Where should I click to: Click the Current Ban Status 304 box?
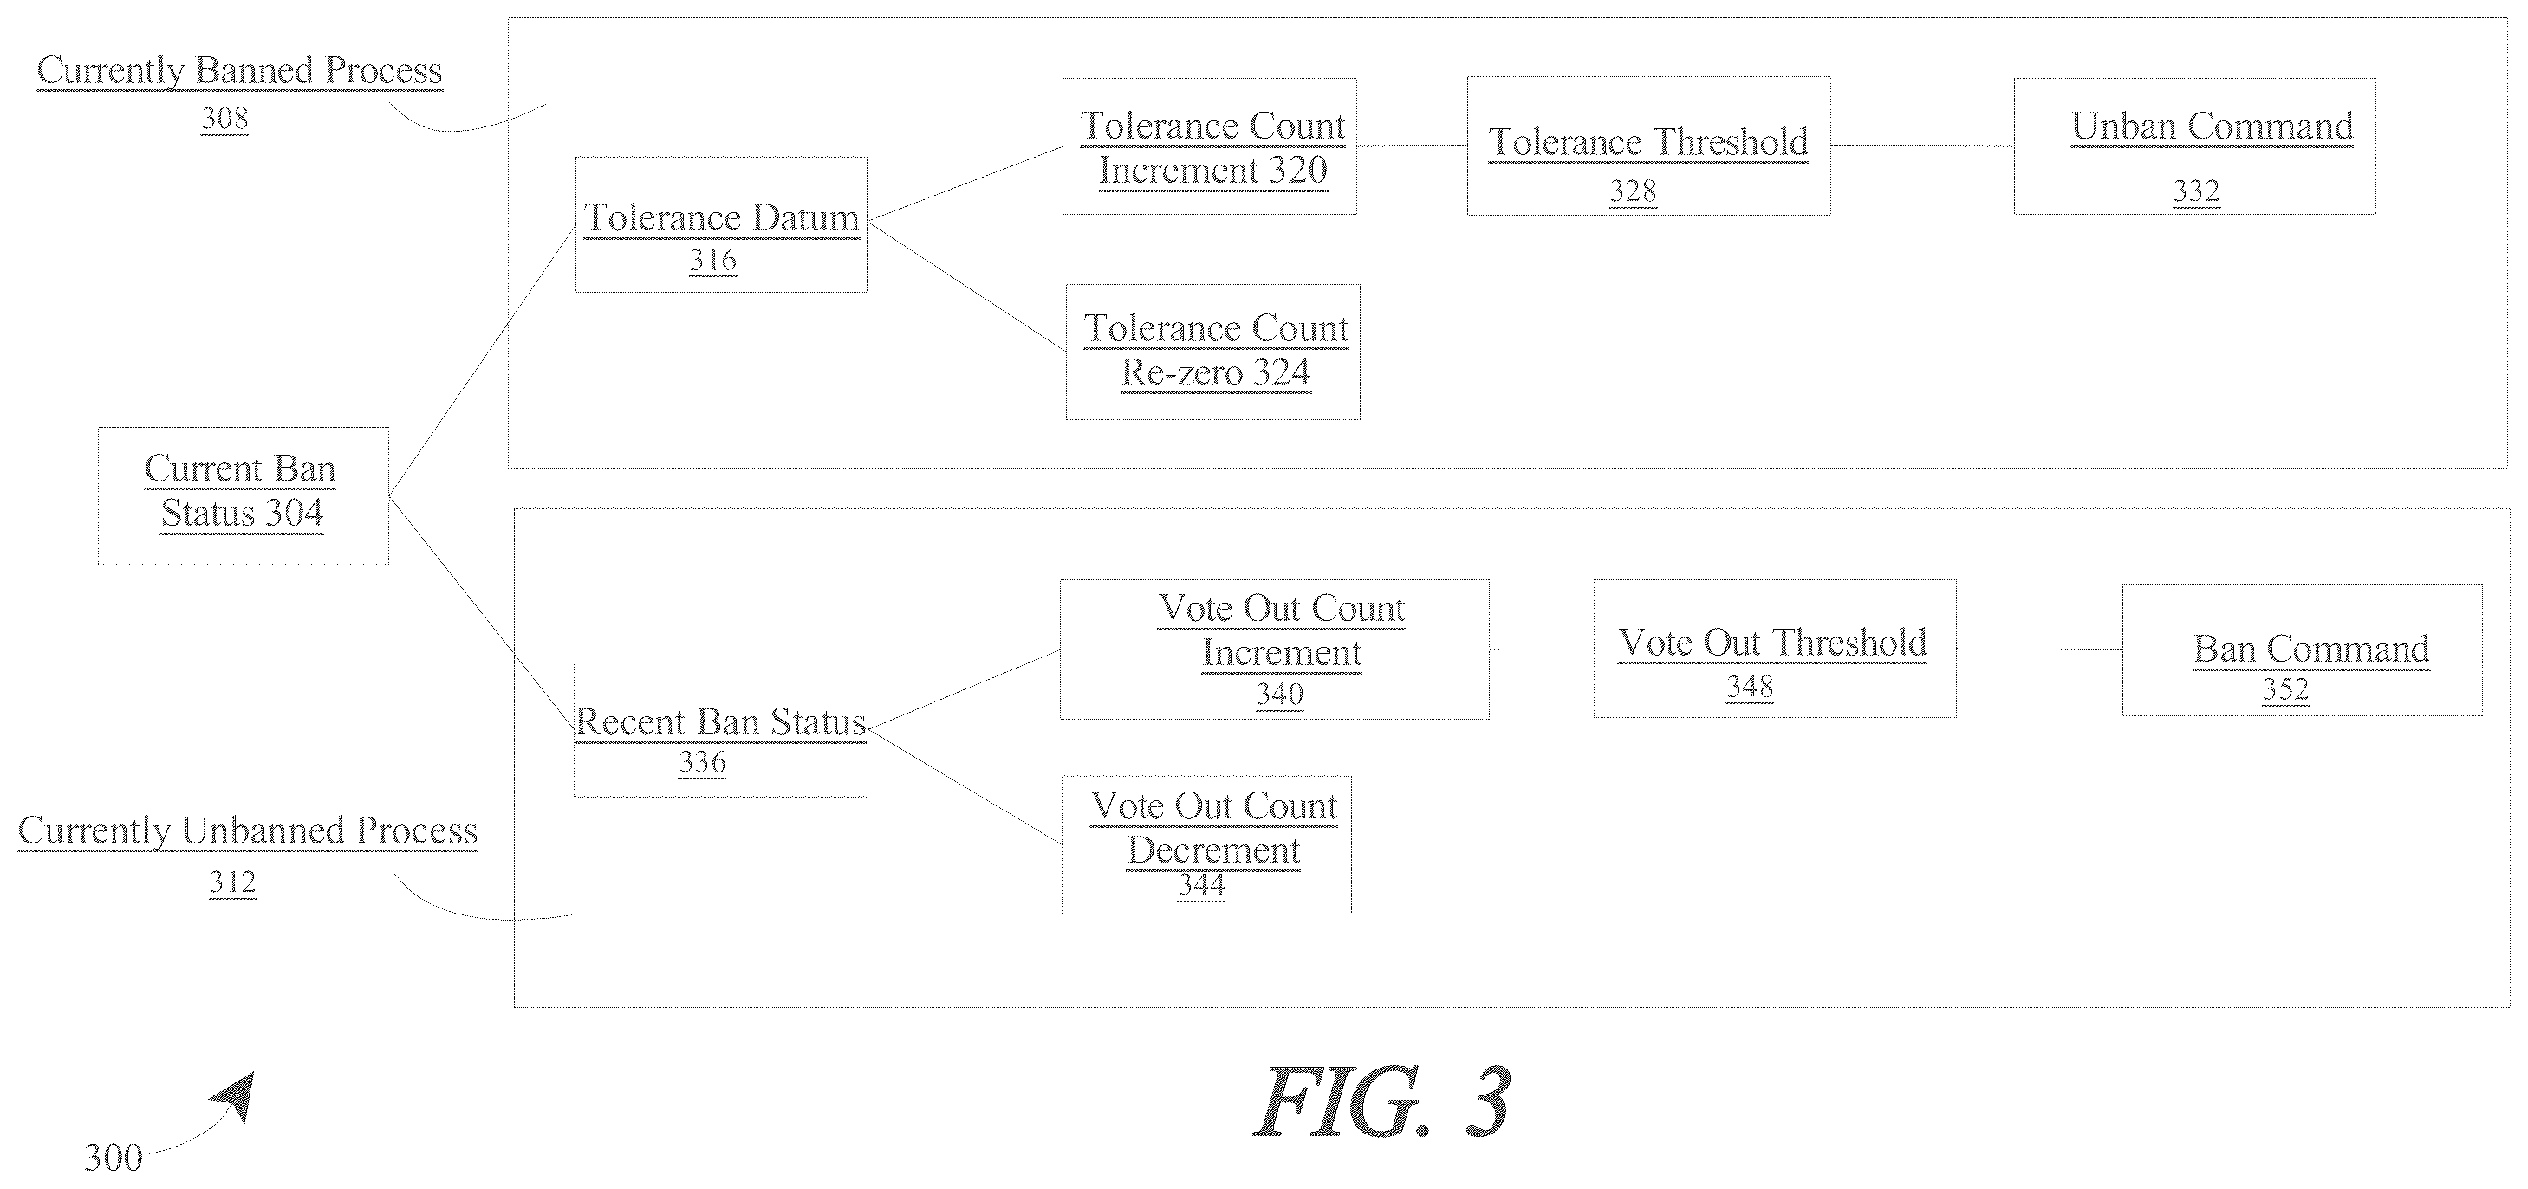(244, 495)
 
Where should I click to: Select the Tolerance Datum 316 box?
(721, 224)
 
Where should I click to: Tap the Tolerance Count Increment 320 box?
(1210, 146)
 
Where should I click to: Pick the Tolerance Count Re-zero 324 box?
(1213, 352)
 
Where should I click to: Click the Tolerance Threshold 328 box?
(1648, 146)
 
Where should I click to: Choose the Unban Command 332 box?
(2195, 146)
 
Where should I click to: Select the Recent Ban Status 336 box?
(721, 729)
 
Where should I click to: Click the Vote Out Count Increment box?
(1275, 649)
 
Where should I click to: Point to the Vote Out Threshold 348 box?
(1775, 649)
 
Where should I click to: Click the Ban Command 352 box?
(2304, 650)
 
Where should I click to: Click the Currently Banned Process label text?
(239, 71)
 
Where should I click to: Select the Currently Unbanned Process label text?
(248, 831)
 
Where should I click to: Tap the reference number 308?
(224, 119)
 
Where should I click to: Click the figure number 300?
(113, 1158)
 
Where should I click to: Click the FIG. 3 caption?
(1381, 1102)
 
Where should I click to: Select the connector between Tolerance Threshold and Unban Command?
(1922, 146)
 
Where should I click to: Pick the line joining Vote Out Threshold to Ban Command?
(2039, 649)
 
